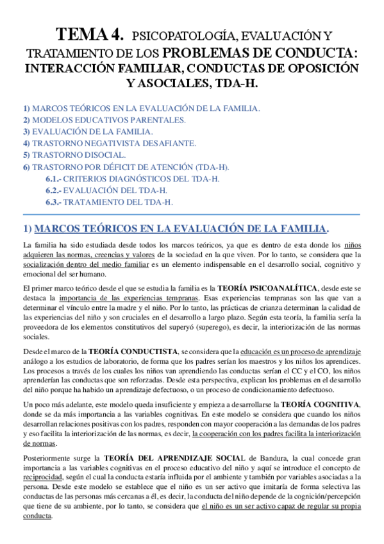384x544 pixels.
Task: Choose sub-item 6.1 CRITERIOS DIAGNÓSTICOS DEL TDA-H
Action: pos(132,178)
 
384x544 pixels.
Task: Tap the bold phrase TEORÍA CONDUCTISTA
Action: pos(134,352)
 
